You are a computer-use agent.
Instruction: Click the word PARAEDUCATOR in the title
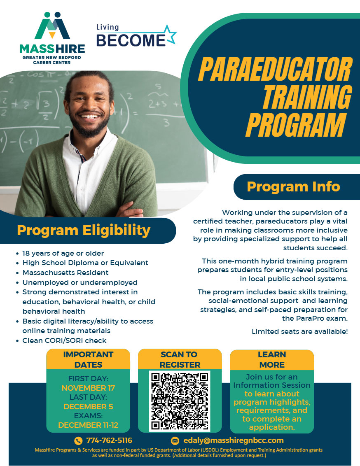tap(275, 70)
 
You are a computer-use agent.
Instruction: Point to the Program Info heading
tap(293, 186)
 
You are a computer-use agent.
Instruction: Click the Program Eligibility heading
tap(84, 230)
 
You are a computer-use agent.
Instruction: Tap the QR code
tap(180, 401)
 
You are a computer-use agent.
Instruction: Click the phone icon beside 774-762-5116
tap(78, 440)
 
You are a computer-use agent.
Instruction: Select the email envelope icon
tap(175, 440)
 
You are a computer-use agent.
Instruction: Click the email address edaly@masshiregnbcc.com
tap(234, 440)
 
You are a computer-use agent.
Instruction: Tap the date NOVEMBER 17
tap(88, 388)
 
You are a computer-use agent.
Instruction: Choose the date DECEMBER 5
tap(88, 406)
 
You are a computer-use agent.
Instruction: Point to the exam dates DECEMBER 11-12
tap(88, 425)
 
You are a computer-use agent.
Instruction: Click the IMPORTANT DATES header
tap(88, 359)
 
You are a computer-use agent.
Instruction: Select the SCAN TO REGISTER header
tap(180, 359)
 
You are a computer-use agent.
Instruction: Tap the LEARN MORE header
tap(272, 359)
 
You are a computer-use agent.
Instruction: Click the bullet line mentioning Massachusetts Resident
tap(65, 273)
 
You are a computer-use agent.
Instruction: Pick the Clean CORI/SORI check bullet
tap(64, 340)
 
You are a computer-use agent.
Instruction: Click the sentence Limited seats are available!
tap(300, 331)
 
